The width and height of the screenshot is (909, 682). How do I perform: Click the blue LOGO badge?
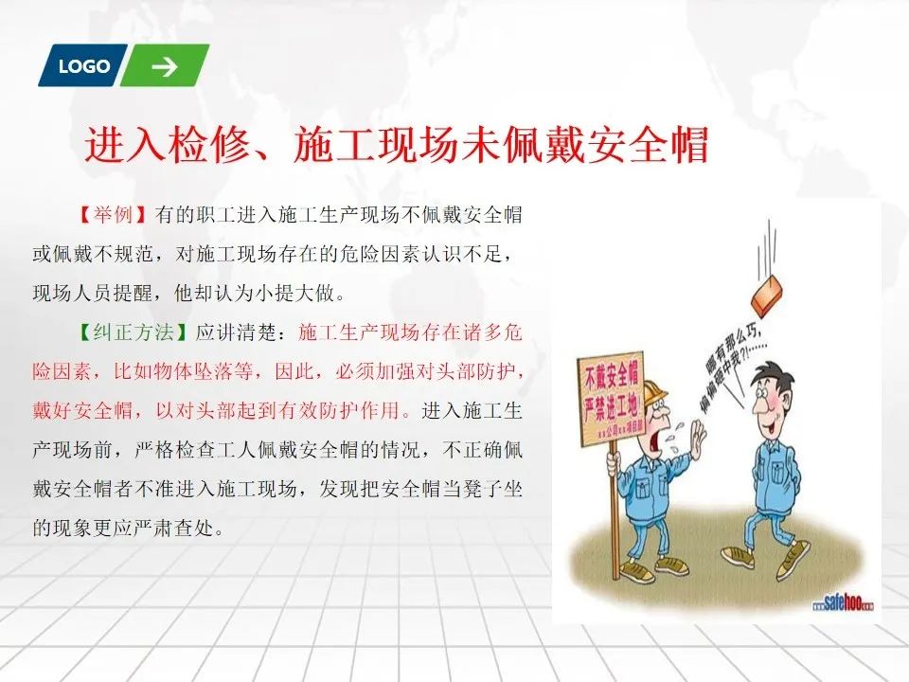tap(83, 65)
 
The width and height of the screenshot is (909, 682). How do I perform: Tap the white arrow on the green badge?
tap(165, 66)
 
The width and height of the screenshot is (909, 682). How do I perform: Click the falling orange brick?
tap(768, 295)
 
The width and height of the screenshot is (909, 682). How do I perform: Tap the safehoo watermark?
tap(843, 603)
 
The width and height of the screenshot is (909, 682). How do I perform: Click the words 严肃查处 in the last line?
tap(173, 528)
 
